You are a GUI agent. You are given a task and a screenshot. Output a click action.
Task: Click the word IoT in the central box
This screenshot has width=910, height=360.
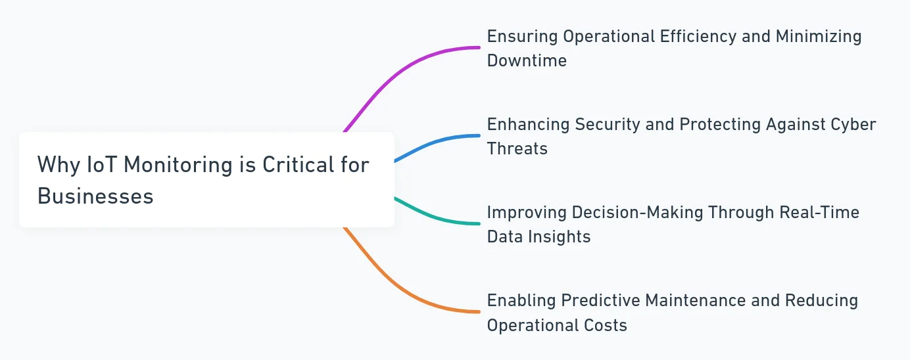(102, 165)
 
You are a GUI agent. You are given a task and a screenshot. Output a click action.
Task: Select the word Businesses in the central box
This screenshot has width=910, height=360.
(95, 196)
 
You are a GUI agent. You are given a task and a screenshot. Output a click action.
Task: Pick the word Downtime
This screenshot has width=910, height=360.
(527, 60)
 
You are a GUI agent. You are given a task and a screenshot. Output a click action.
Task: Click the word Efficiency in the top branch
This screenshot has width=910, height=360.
(698, 37)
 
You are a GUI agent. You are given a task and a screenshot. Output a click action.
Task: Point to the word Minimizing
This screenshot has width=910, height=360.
(819, 37)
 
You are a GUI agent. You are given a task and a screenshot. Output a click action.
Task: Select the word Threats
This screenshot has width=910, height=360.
(517, 148)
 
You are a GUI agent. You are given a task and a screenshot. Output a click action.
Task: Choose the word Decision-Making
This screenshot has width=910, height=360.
(637, 213)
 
